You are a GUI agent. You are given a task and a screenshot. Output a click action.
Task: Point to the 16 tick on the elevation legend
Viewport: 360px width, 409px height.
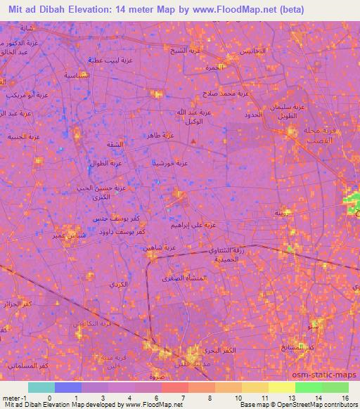click(345, 397)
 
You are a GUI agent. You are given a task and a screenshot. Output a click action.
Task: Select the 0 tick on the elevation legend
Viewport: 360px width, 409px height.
click(49, 397)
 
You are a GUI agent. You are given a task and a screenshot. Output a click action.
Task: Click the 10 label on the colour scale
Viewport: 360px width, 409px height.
click(239, 397)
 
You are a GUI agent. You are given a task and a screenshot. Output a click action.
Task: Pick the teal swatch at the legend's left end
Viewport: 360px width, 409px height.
click(41, 387)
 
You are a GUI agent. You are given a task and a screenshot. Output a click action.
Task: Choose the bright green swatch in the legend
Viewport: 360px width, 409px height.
click(307, 387)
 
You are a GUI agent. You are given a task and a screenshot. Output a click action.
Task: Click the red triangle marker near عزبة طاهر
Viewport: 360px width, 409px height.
click(194, 144)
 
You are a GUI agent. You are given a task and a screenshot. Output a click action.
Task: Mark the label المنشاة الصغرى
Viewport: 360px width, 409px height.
click(186, 279)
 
